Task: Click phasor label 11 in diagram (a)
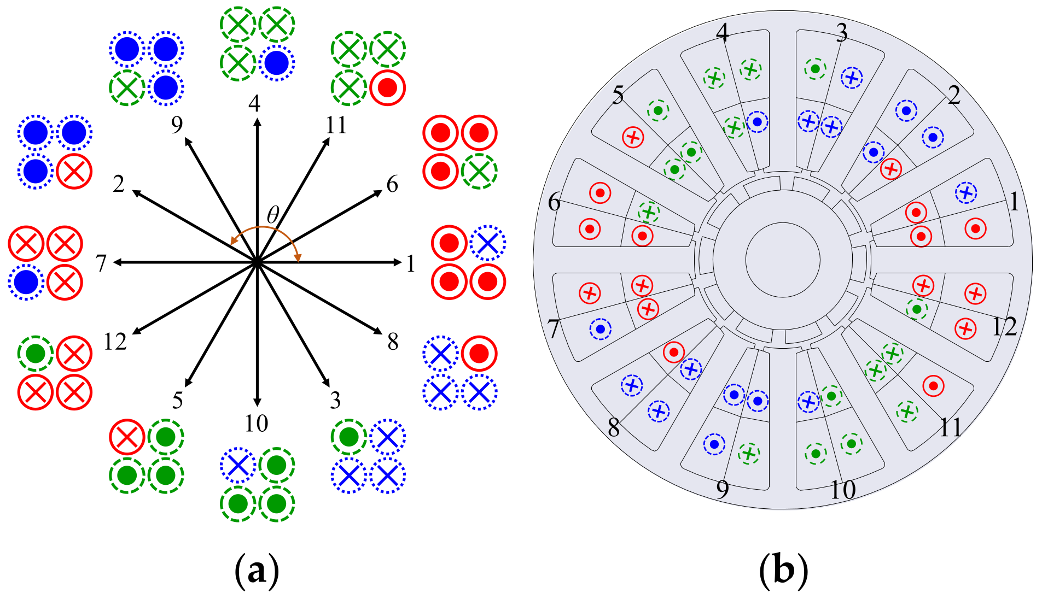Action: pos(336,125)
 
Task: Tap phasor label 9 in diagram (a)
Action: pos(177,125)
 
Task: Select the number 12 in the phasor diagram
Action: pos(115,342)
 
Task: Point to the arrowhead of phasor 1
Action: pos(398,262)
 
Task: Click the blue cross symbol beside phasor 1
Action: pos(487,243)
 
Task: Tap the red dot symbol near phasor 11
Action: pos(387,87)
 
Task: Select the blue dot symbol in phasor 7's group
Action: pos(26,282)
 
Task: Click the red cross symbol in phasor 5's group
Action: pos(127,437)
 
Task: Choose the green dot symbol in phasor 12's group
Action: pos(35,354)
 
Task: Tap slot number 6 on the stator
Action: pos(554,202)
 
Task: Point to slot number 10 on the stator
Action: pos(842,490)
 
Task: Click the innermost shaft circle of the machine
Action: pos(783,260)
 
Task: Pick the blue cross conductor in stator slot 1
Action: pos(966,192)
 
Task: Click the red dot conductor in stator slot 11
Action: pos(933,386)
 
